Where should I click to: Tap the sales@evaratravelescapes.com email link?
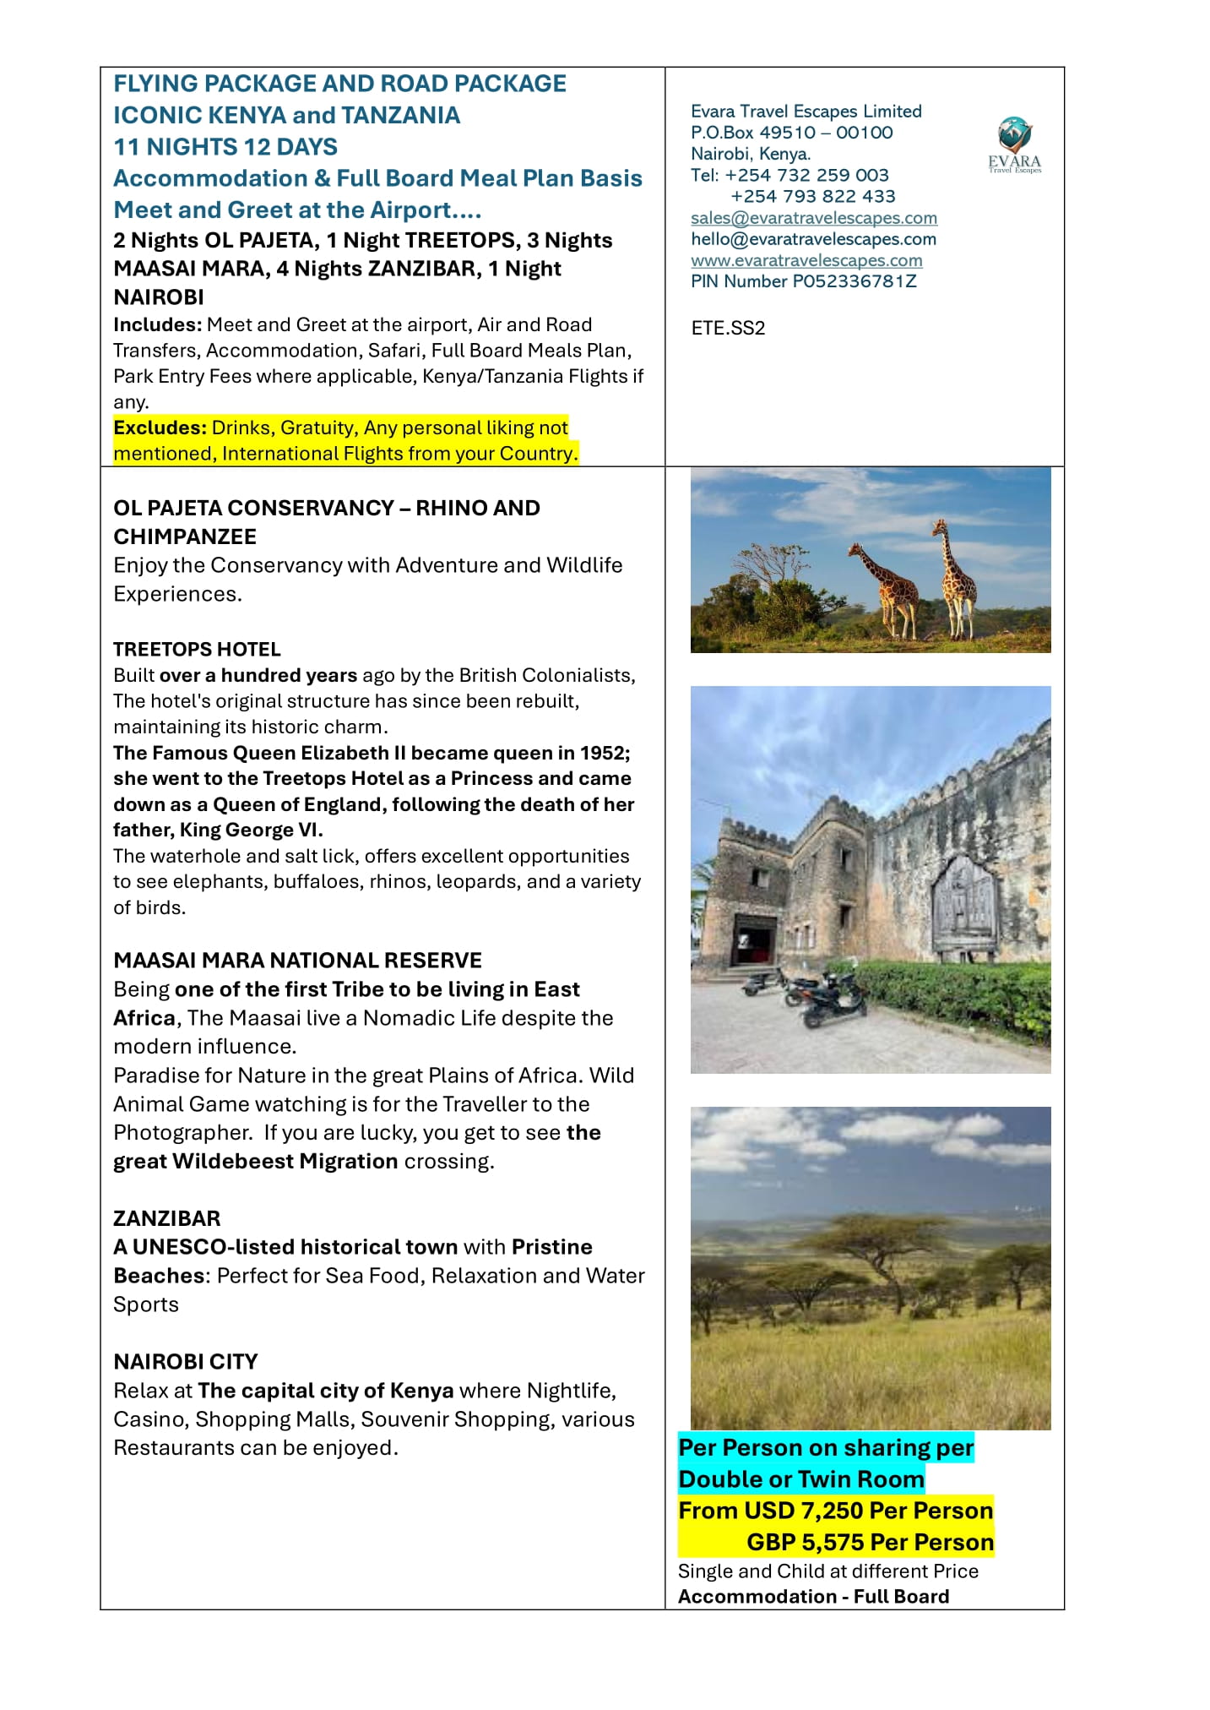(813, 218)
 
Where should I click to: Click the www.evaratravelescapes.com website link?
(806, 260)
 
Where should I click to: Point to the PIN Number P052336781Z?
(803, 281)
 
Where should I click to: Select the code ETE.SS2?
(727, 328)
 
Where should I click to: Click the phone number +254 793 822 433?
(812, 196)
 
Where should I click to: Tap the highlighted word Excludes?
(160, 427)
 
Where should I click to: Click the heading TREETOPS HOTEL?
(197, 649)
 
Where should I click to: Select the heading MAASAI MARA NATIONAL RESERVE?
(297, 960)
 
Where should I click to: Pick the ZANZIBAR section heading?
(166, 1218)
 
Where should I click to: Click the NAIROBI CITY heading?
(186, 1361)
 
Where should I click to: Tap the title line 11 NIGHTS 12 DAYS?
(225, 147)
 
